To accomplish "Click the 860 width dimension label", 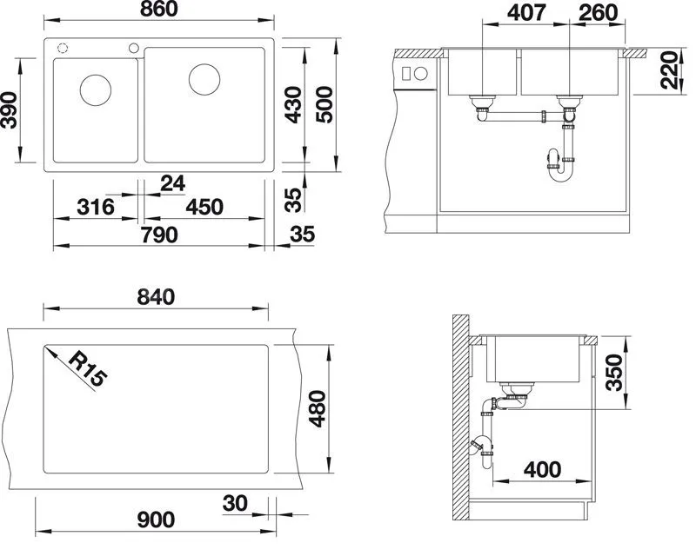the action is coord(158,9).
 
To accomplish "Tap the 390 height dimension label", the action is coord(9,110).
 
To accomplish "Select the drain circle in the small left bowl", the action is coord(96,90).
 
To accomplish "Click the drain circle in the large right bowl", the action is coord(204,79).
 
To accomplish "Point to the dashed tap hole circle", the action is coord(63,48).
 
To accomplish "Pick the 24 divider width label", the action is coord(172,183).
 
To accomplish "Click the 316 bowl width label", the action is coord(96,207).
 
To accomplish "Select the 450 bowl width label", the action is coord(204,207).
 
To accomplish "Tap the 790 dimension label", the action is coord(159,235).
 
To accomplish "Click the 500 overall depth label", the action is coord(325,104).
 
